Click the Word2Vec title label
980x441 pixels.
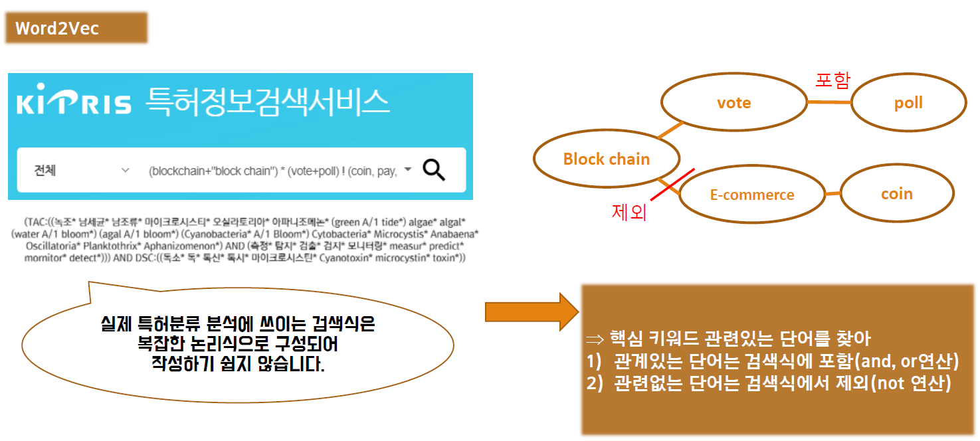(x=57, y=29)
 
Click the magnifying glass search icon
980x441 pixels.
(x=434, y=171)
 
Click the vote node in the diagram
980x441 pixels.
(x=734, y=103)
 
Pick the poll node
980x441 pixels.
(x=908, y=103)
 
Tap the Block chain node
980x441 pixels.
(x=606, y=159)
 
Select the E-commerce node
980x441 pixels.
(x=752, y=195)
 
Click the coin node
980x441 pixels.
(x=896, y=194)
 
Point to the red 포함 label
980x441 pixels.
(x=833, y=80)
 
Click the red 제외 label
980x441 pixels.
(x=629, y=213)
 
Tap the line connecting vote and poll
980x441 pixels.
(x=829, y=102)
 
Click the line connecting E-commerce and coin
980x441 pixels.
(x=833, y=194)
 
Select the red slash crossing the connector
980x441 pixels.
(x=672, y=185)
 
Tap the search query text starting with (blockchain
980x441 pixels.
(x=272, y=171)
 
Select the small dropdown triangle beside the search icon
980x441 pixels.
(x=408, y=170)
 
